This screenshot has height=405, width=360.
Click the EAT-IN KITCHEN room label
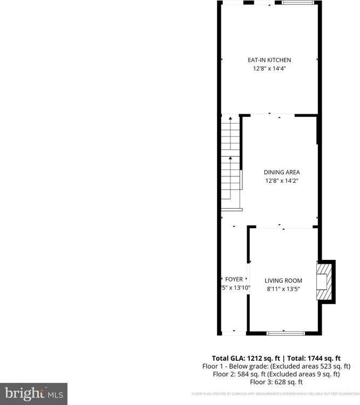tap(269, 60)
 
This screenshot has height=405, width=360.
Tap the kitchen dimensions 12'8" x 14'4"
tap(269, 68)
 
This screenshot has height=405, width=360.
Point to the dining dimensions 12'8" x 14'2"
tap(281, 181)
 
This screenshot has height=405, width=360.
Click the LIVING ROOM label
tap(283, 280)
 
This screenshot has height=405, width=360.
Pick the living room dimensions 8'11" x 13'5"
tap(283, 289)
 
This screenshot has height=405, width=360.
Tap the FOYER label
tap(234, 279)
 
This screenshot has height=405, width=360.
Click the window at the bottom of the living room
tap(286, 333)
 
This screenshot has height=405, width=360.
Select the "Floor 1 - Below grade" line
tap(276, 366)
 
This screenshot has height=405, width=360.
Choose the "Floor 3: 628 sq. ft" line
tap(276, 381)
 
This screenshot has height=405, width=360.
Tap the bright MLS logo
tap(33, 393)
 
